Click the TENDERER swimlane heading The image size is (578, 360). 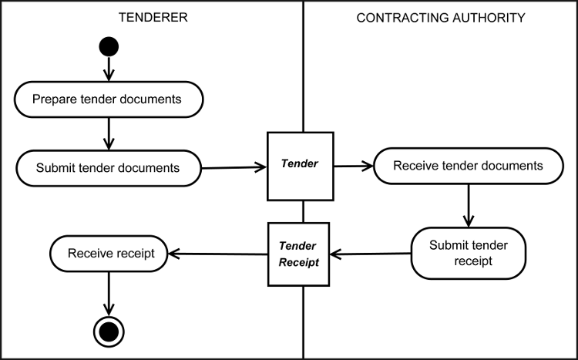(x=152, y=18)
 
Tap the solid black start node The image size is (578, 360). (x=109, y=47)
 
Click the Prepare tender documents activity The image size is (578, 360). (x=109, y=99)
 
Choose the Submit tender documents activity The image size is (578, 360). (x=109, y=167)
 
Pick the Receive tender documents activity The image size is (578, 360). (x=468, y=166)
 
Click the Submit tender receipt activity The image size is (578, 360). (x=469, y=252)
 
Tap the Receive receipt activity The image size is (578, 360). (x=109, y=253)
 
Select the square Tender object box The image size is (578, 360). (x=301, y=164)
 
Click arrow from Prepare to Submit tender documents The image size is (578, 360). (x=109, y=133)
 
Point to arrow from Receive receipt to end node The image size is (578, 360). (x=109, y=293)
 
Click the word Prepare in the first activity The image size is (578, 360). (x=55, y=99)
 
